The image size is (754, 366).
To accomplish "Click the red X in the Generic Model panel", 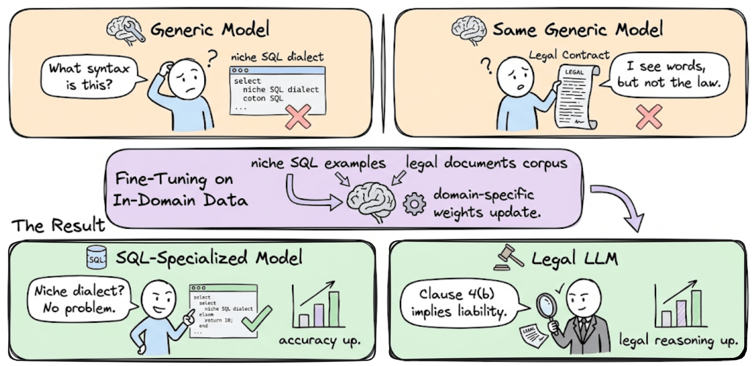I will coord(298,116).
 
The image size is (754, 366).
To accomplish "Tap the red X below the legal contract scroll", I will coord(649,117).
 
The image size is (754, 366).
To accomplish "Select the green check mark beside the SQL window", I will coord(257,318).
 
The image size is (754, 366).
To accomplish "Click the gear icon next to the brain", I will coord(414,204).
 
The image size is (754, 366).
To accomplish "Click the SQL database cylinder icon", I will coord(97,258).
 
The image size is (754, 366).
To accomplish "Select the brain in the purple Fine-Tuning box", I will coord(371,201).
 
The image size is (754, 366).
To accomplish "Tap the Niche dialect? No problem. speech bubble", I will coord(79,300).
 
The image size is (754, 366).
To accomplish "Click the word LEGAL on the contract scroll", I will coord(574,72).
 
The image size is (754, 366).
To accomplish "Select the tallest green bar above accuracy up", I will coord(334,309).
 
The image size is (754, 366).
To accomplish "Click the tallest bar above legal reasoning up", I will coord(696,308).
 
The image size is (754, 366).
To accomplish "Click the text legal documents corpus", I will coord(486,163).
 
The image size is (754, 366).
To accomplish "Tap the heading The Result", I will coord(58,225).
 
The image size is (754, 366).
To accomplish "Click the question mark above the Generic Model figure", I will coord(212,58).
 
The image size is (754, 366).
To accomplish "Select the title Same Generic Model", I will coord(577,29).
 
